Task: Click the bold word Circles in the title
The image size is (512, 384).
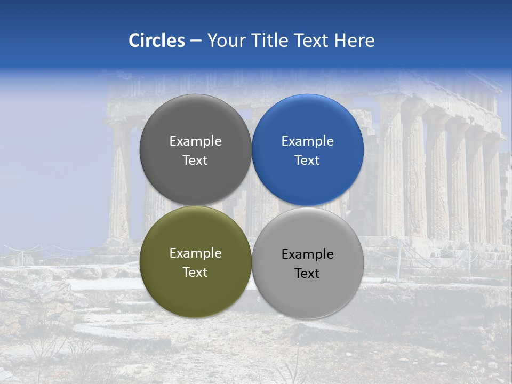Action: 157,41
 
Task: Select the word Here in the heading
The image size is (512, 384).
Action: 355,41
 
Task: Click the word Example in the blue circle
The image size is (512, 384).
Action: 307,141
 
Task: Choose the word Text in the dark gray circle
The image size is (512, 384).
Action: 195,161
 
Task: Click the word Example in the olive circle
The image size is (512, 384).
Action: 195,253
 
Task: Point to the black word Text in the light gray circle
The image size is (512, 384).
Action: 307,274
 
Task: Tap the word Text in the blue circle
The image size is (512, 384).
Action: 307,161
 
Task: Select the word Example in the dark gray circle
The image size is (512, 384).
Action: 195,141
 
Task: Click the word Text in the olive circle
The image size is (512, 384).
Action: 195,273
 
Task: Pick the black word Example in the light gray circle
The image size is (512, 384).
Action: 307,254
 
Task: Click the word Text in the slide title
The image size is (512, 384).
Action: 313,41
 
